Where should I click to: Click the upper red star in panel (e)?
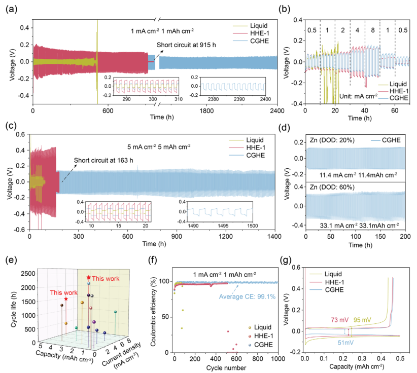pyautogui.click(x=89, y=278)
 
